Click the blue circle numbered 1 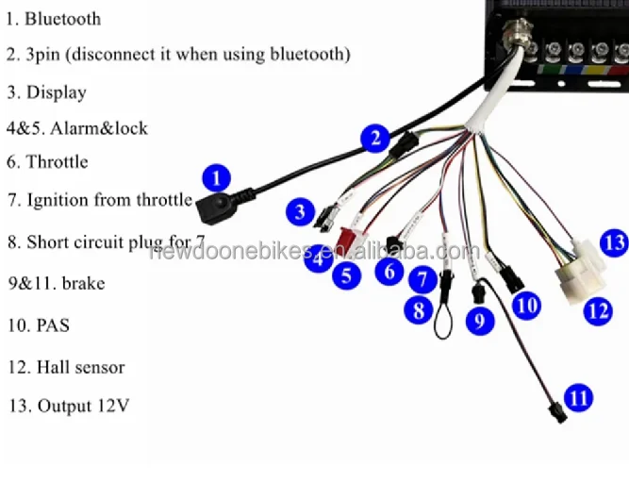(218, 176)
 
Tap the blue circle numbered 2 (375, 140)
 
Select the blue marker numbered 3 (300, 211)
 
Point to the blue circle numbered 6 (387, 272)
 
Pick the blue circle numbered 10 (527, 304)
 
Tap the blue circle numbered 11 (578, 397)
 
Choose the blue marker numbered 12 (597, 309)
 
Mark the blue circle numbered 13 (613, 242)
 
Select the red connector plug (350, 241)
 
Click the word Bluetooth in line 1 (62, 18)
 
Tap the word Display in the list (56, 92)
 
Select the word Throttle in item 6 (57, 162)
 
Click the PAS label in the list (53, 325)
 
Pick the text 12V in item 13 (111, 407)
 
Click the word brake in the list (83, 283)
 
